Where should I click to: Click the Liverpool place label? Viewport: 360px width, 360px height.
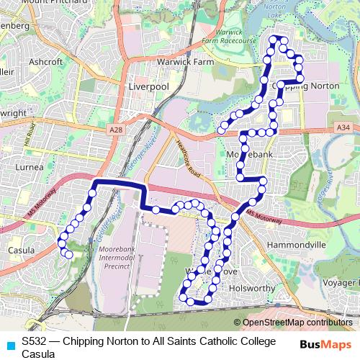(x=147, y=86)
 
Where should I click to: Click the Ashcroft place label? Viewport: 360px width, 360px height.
(x=45, y=62)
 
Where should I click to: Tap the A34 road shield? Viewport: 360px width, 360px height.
(x=344, y=127)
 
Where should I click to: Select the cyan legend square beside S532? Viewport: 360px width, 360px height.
(x=9, y=346)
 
